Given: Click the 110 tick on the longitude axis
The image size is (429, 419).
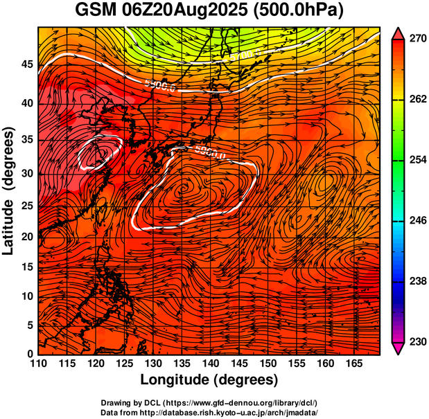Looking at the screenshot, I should pos(38,364).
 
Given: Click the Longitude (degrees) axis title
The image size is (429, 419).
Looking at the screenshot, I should pos(209,380).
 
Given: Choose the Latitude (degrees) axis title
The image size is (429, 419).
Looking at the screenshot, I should pos(10,190).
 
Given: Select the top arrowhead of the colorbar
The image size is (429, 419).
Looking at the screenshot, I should pos(398,33).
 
